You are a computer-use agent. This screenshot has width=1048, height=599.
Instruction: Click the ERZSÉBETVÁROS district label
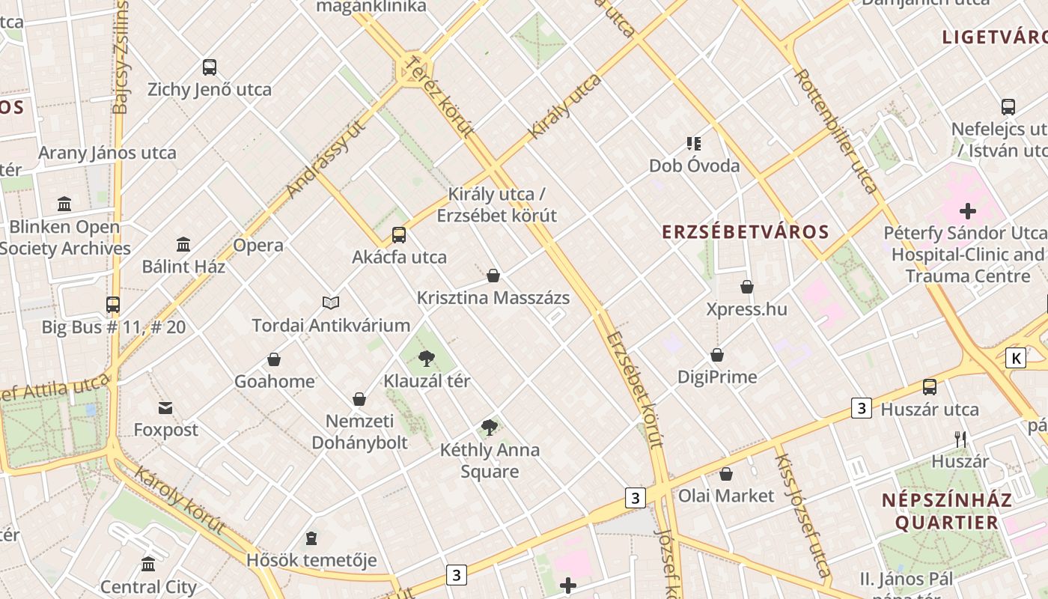[x=746, y=231]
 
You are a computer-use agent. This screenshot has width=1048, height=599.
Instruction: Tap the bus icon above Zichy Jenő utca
[x=210, y=67]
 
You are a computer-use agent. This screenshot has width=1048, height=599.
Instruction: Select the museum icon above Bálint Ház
[x=183, y=244]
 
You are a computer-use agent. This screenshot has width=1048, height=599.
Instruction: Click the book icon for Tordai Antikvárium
[x=331, y=302]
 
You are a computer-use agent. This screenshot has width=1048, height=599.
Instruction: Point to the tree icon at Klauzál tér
[x=427, y=358]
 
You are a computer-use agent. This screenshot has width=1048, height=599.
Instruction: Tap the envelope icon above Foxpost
[x=165, y=408]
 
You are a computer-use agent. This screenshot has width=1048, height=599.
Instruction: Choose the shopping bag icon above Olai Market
[x=725, y=473]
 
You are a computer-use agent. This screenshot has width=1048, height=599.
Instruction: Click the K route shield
[x=1016, y=358]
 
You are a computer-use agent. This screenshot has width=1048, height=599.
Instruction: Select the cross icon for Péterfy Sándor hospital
[x=967, y=211]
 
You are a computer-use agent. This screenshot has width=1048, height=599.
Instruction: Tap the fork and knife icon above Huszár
[x=960, y=439]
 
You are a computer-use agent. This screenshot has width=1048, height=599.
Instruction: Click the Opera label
[x=258, y=245]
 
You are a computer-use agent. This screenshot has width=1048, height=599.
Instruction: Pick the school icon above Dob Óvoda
[x=693, y=143]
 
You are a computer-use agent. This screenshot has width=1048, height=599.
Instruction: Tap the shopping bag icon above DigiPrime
[x=717, y=354]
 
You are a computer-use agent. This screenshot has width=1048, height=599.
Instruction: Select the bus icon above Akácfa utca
[x=399, y=235]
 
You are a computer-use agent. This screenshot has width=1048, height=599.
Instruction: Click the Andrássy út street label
[x=326, y=159]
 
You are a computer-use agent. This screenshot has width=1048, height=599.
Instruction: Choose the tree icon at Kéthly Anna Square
[x=490, y=428]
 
